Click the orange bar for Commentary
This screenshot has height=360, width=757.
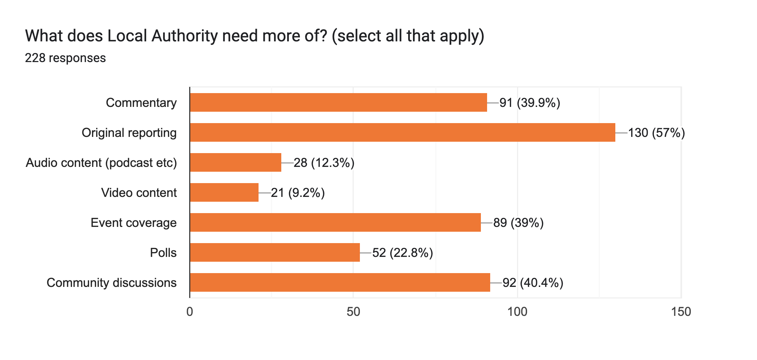tap(338, 102)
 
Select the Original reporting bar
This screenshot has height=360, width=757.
tap(402, 132)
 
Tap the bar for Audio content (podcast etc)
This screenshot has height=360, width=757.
tap(235, 162)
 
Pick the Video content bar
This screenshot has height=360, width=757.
tap(224, 192)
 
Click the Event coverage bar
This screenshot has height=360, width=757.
tap(335, 222)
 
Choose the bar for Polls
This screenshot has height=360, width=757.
tap(275, 252)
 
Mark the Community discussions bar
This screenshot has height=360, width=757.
tap(340, 282)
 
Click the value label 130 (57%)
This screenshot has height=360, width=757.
tap(656, 133)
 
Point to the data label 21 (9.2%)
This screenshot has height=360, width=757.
tap(298, 193)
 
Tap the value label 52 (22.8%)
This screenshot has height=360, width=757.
tap(402, 253)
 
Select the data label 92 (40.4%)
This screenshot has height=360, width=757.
tap(533, 283)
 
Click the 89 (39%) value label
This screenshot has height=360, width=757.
tap(518, 223)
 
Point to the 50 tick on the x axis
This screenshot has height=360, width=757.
tap(353, 312)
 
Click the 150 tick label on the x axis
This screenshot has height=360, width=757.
tap(681, 312)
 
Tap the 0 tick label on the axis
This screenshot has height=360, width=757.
tap(190, 312)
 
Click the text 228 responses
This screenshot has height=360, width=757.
tap(65, 58)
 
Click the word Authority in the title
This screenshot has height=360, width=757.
tap(184, 36)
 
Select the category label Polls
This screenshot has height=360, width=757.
tap(163, 253)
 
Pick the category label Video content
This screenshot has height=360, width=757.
tap(139, 193)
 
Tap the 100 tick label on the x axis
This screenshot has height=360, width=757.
tap(517, 312)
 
